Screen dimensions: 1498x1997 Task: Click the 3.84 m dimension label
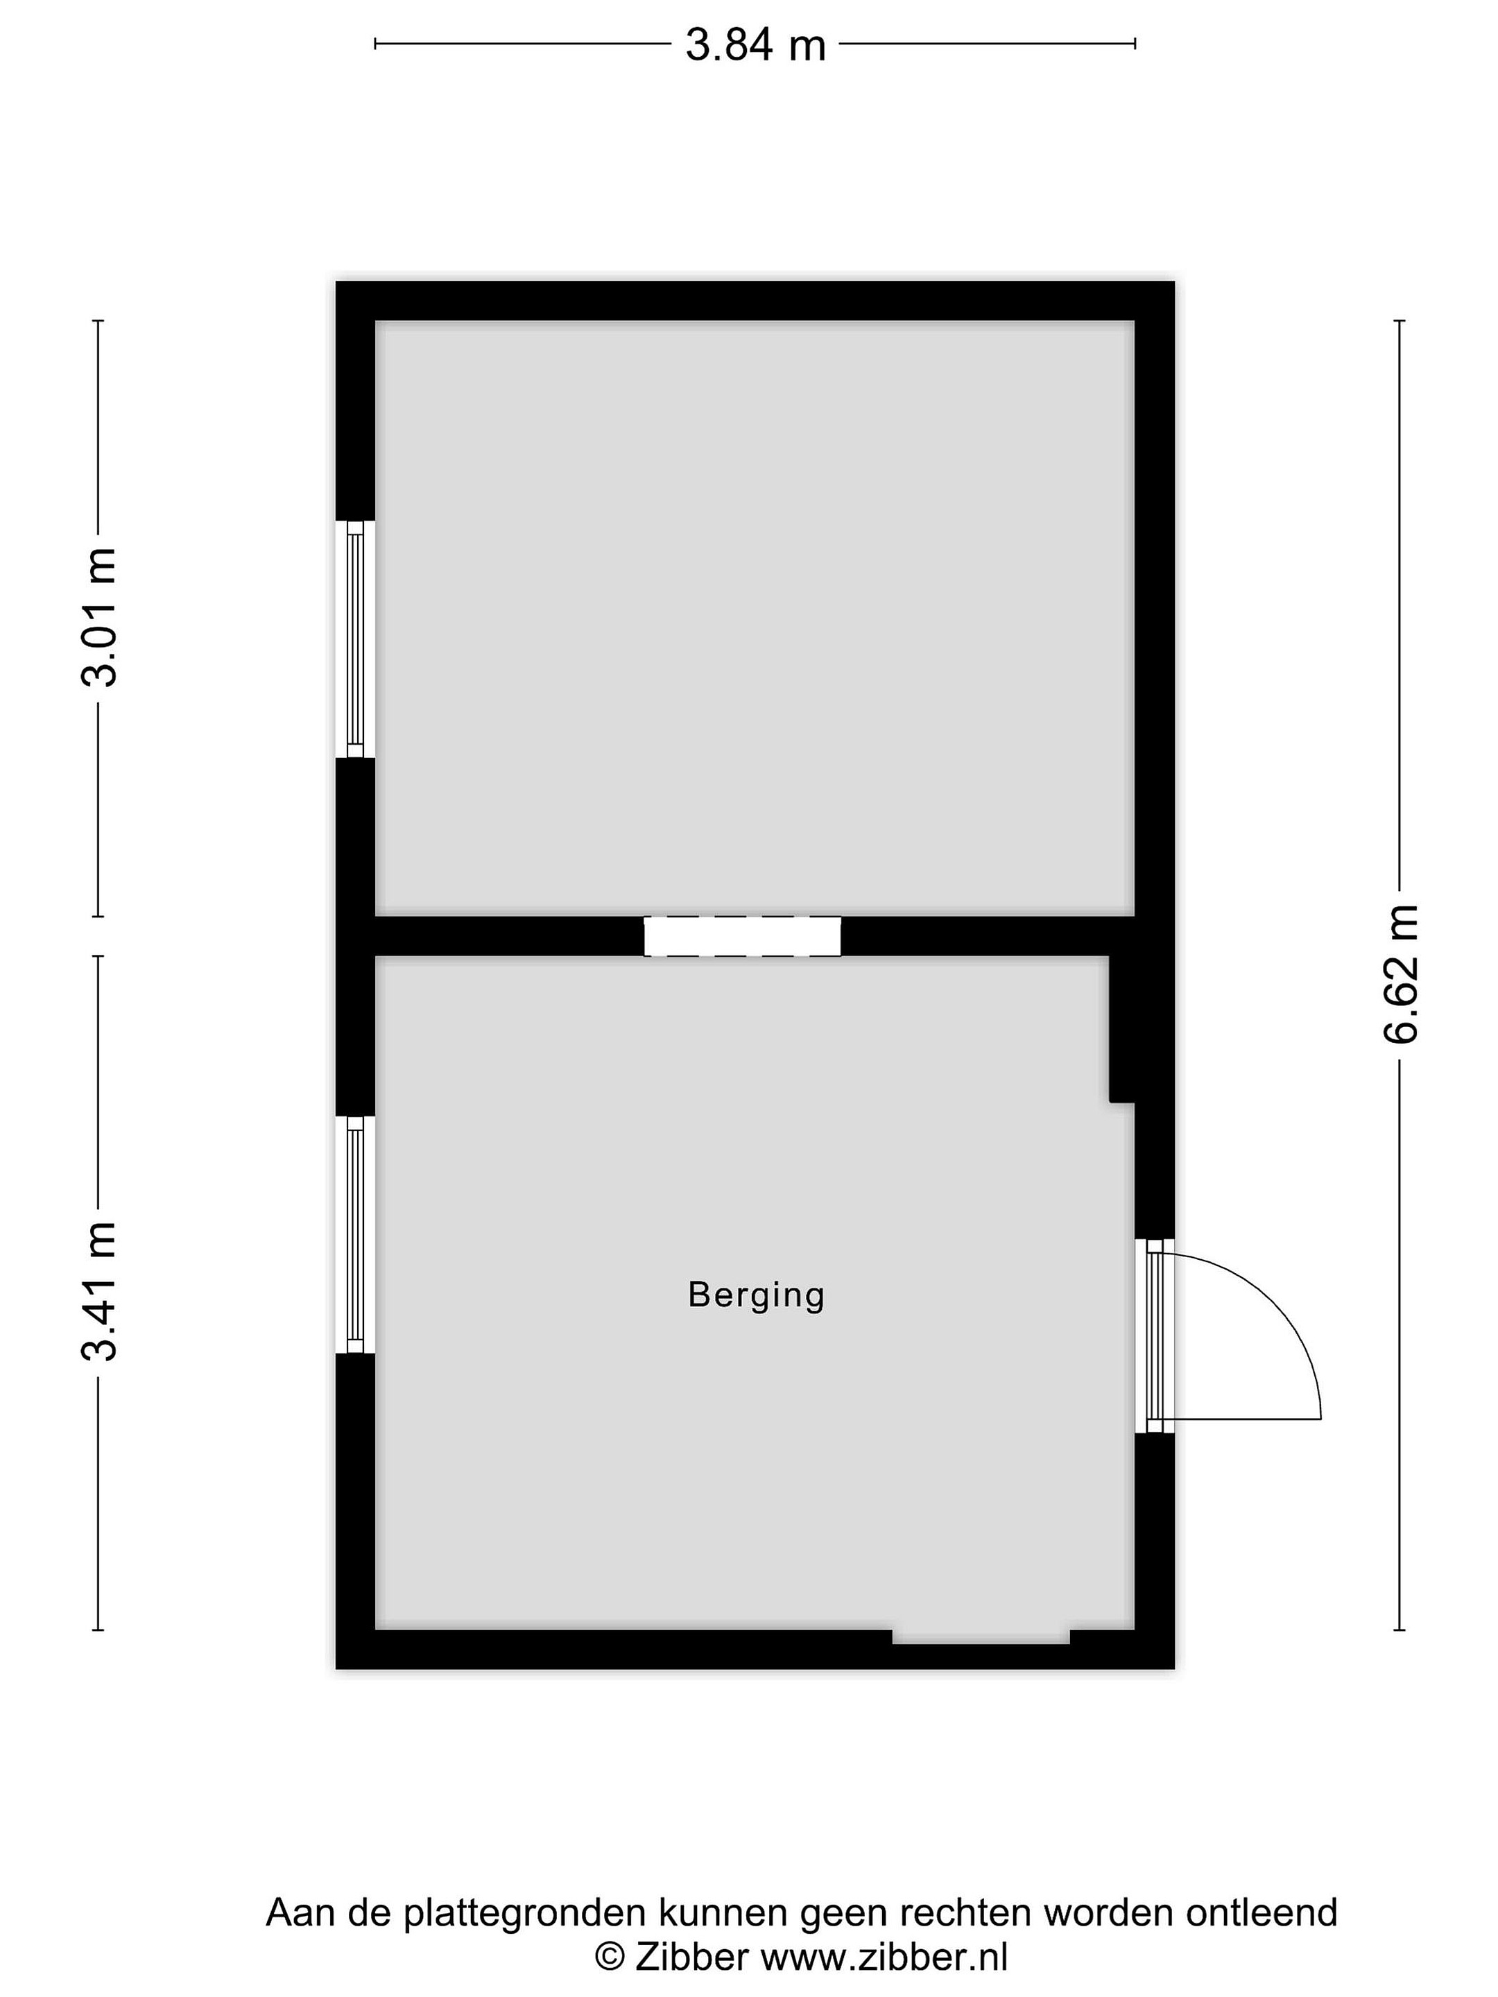755,45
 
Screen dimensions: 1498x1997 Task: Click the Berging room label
756,1295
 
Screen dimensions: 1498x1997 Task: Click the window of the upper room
355,639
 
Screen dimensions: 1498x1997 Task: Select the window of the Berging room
355,1235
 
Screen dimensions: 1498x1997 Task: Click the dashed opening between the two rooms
742,936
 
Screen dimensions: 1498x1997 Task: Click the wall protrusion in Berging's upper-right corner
1121,1029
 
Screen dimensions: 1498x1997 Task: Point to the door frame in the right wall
1155,1336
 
